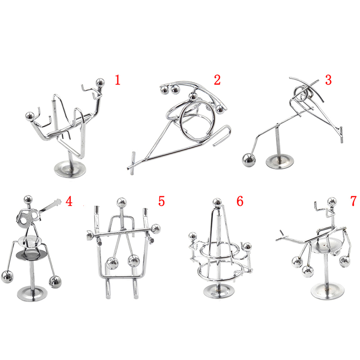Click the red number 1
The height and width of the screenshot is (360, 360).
(x=117, y=80)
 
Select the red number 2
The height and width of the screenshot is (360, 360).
(x=217, y=80)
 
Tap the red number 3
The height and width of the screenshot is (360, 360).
(x=328, y=80)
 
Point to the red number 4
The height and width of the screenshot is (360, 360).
(x=69, y=201)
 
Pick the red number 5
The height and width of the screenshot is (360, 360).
(x=162, y=201)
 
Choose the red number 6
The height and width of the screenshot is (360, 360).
(x=240, y=201)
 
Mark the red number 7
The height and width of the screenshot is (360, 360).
(x=354, y=201)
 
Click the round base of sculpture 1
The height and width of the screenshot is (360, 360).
(x=70, y=169)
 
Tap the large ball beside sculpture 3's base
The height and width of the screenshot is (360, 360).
(x=249, y=160)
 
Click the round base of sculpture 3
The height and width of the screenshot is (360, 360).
(x=279, y=162)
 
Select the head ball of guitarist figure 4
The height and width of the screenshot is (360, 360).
(x=28, y=200)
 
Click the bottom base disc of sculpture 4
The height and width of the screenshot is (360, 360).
(x=32, y=294)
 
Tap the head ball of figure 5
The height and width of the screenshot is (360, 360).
(x=121, y=203)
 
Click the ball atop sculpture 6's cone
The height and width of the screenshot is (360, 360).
(x=217, y=202)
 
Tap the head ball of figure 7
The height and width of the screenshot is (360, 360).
(x=332, y=202)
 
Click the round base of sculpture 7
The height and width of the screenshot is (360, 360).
(x=328, y=291)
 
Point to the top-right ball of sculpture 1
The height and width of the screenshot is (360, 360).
(x=100, y=82)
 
